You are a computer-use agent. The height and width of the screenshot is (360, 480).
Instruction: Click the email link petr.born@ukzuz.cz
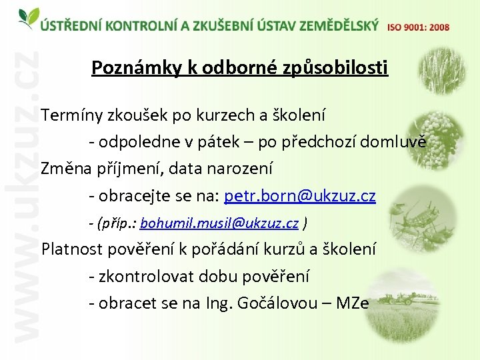[x=300, y=196]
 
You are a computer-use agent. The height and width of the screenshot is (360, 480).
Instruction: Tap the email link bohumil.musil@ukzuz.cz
[x=219, y=223]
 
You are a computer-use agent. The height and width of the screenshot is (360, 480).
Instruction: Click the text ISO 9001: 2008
[x=418, y=27]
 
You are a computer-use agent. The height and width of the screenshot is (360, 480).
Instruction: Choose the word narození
[x=241, y=169]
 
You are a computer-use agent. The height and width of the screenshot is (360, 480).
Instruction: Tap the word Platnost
[x=72, y=249]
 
